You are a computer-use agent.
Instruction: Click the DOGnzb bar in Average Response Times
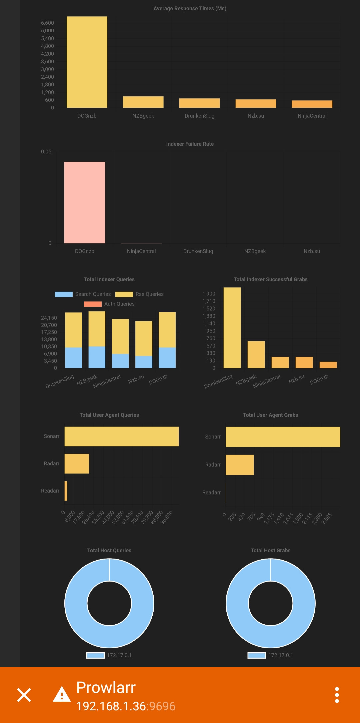point(87,62)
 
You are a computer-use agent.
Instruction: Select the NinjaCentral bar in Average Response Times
point(312,104)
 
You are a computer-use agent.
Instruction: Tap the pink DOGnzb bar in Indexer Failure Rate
point(85,202)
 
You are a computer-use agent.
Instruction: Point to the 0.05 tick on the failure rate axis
point(46,152)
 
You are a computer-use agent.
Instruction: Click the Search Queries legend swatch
point(64,294)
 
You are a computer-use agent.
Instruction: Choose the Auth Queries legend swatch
point(93,304)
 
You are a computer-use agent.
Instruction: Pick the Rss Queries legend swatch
point(124,294)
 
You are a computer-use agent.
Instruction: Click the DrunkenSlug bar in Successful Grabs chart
point(232,327)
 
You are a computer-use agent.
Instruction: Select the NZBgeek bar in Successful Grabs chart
point(256,354)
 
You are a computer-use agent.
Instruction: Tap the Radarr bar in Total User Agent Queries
point(77,464)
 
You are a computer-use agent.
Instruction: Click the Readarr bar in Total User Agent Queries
point(66,491)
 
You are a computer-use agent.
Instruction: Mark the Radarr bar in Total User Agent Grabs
point(240,465)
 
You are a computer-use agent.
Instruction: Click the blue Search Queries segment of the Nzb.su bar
point(144,362)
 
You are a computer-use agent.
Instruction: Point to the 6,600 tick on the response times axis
point(47,23)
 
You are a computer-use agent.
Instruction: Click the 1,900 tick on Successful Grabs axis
point(209,294)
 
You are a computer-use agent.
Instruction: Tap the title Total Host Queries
point(109,550)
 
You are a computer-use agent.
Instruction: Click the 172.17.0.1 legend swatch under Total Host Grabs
point(257,655)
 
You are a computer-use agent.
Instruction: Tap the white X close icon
point(24,695)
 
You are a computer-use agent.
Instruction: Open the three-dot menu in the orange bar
point(337,695)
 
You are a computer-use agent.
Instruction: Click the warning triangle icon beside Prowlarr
point(62,694)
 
